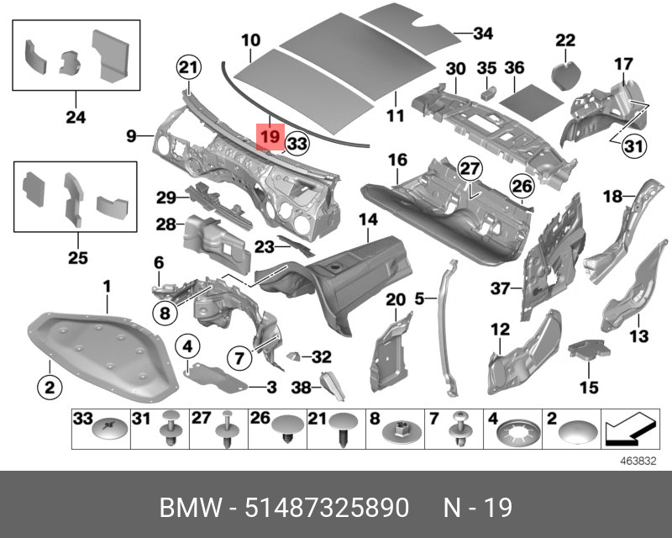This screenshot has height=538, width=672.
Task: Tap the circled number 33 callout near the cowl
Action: [x=296, y=145]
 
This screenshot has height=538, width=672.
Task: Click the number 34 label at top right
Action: [x=482, y=34]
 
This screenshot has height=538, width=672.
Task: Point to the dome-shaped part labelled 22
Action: [x=564, y=67]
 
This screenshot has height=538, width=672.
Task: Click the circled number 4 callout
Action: [x=186, y=346]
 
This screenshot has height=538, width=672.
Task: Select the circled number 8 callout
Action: [x=165, y=314]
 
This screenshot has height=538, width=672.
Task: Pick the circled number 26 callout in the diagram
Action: [x=522, y=185]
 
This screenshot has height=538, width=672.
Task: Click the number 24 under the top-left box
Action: [x=76, y=118]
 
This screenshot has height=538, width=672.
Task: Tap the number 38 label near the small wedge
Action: [x=301, y=388]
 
